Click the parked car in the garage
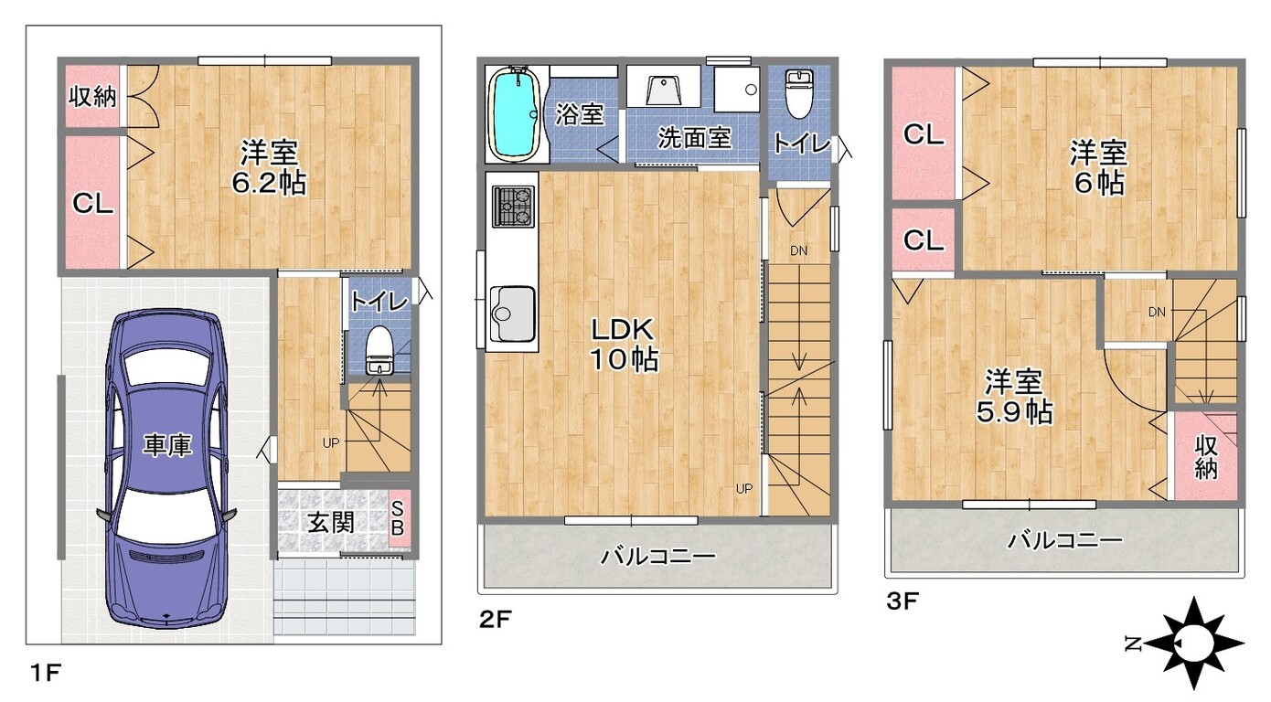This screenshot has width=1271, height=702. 166,468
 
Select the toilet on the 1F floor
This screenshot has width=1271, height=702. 379,350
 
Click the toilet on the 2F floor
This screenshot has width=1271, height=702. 798,92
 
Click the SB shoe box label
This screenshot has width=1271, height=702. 399,518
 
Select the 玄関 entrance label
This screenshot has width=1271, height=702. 331,523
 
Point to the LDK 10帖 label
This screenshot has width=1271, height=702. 624,344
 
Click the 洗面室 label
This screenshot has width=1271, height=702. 694,138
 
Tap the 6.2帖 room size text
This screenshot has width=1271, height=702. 269,183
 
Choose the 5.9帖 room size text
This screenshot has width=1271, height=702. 1014,412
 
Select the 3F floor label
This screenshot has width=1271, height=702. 901,602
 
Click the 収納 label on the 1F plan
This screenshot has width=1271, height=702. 93,96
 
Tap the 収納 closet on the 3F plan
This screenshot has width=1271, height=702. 1206,456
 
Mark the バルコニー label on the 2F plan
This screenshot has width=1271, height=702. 657,556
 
